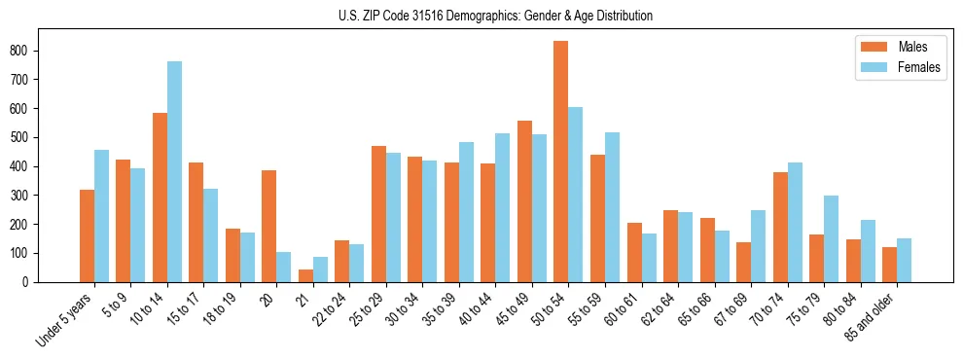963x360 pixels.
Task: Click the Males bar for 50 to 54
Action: (x=561, y=162)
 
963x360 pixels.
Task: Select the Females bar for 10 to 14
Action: (x=174, y=171)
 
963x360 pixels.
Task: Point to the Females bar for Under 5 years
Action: (x=101, y=216)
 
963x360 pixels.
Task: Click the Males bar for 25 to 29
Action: (x=378, y=214)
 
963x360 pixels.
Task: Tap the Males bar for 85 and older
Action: (x=890, y=265)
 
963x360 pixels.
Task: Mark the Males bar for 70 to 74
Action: (x=780, y=227)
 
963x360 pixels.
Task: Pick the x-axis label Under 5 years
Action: (x=64, y=318)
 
